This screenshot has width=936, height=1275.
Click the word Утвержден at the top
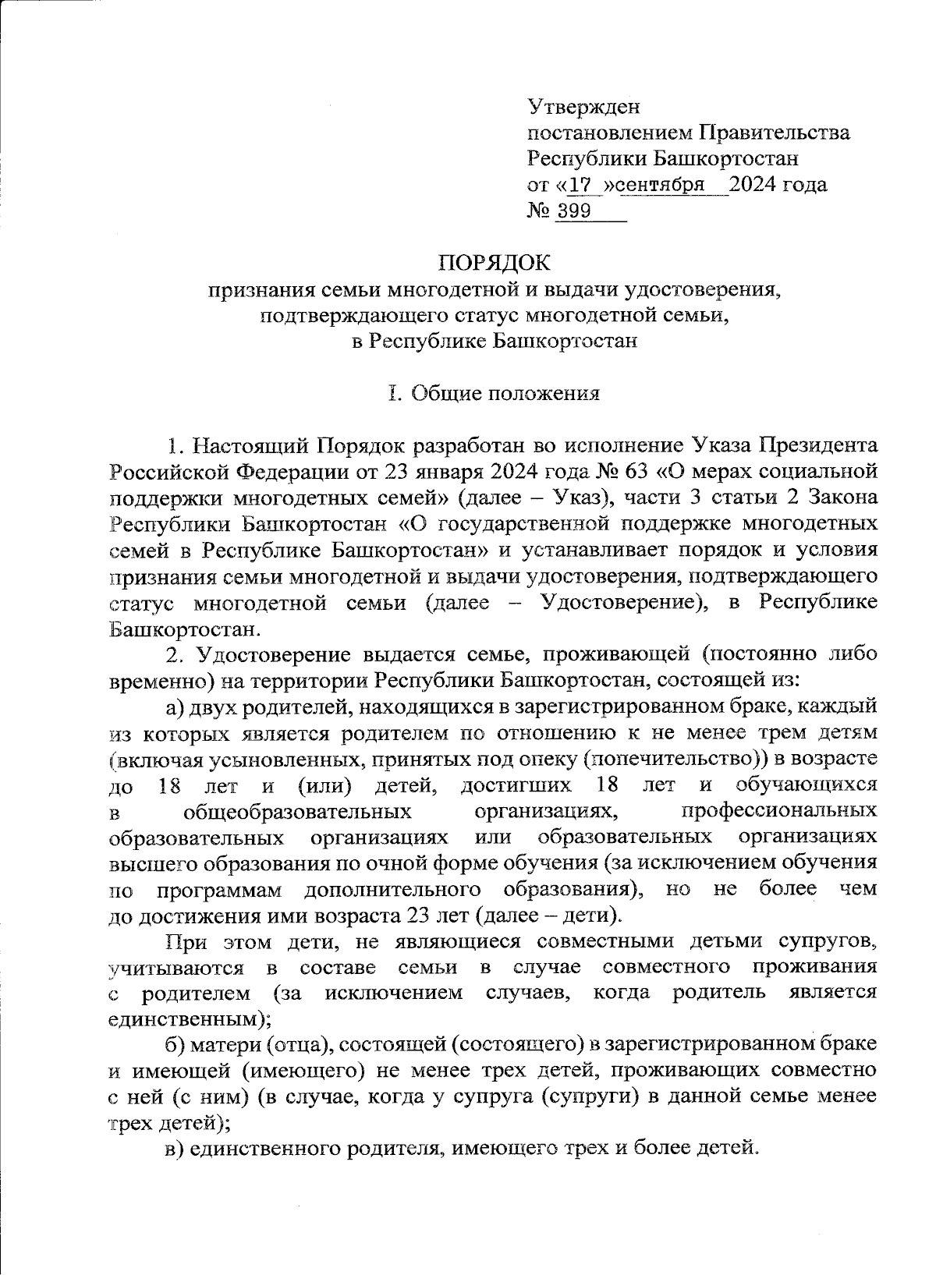click(x=583, y=104)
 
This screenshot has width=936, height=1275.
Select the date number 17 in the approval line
click(x=580, y=185)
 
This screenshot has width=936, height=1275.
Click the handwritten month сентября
click(x=661, y=185)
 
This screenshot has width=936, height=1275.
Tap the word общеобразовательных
click(x=296, y=811)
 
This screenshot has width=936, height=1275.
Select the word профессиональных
click(x=778, y=811)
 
